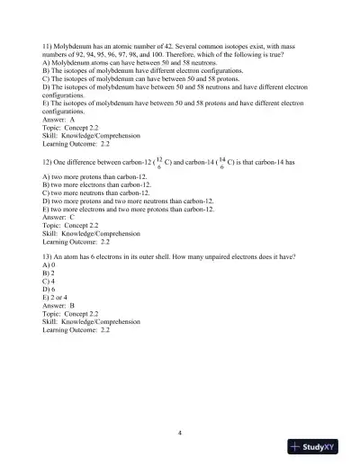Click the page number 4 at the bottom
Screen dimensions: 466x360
(180, 433)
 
